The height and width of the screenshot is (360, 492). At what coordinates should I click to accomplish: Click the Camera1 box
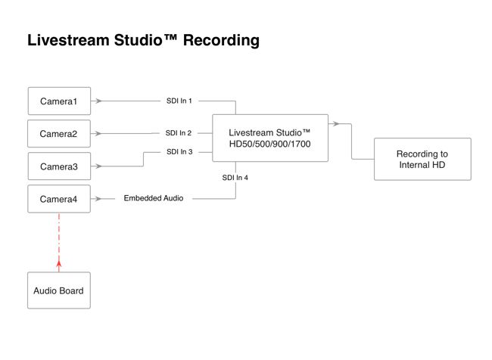59,101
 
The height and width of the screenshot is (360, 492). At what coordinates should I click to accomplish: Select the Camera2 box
59,134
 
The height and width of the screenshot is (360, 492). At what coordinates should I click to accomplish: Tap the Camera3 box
59,166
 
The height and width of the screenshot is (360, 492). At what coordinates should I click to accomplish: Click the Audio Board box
59,290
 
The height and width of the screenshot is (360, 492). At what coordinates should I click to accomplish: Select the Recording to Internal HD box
422,159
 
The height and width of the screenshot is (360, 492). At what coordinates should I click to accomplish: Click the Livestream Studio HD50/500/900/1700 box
269,138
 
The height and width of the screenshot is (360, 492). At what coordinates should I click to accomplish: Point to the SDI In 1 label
179,101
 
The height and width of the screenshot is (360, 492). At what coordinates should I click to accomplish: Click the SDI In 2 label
179,133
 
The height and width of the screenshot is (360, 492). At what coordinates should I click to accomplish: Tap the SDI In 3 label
179,152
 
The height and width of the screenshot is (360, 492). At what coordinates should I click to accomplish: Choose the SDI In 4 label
235,178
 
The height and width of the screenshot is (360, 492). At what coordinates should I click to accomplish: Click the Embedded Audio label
154,198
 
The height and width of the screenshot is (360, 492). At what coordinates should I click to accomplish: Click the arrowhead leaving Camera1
98,101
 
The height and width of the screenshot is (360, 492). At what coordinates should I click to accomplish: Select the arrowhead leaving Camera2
98,134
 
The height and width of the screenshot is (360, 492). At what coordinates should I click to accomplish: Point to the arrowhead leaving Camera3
98,166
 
